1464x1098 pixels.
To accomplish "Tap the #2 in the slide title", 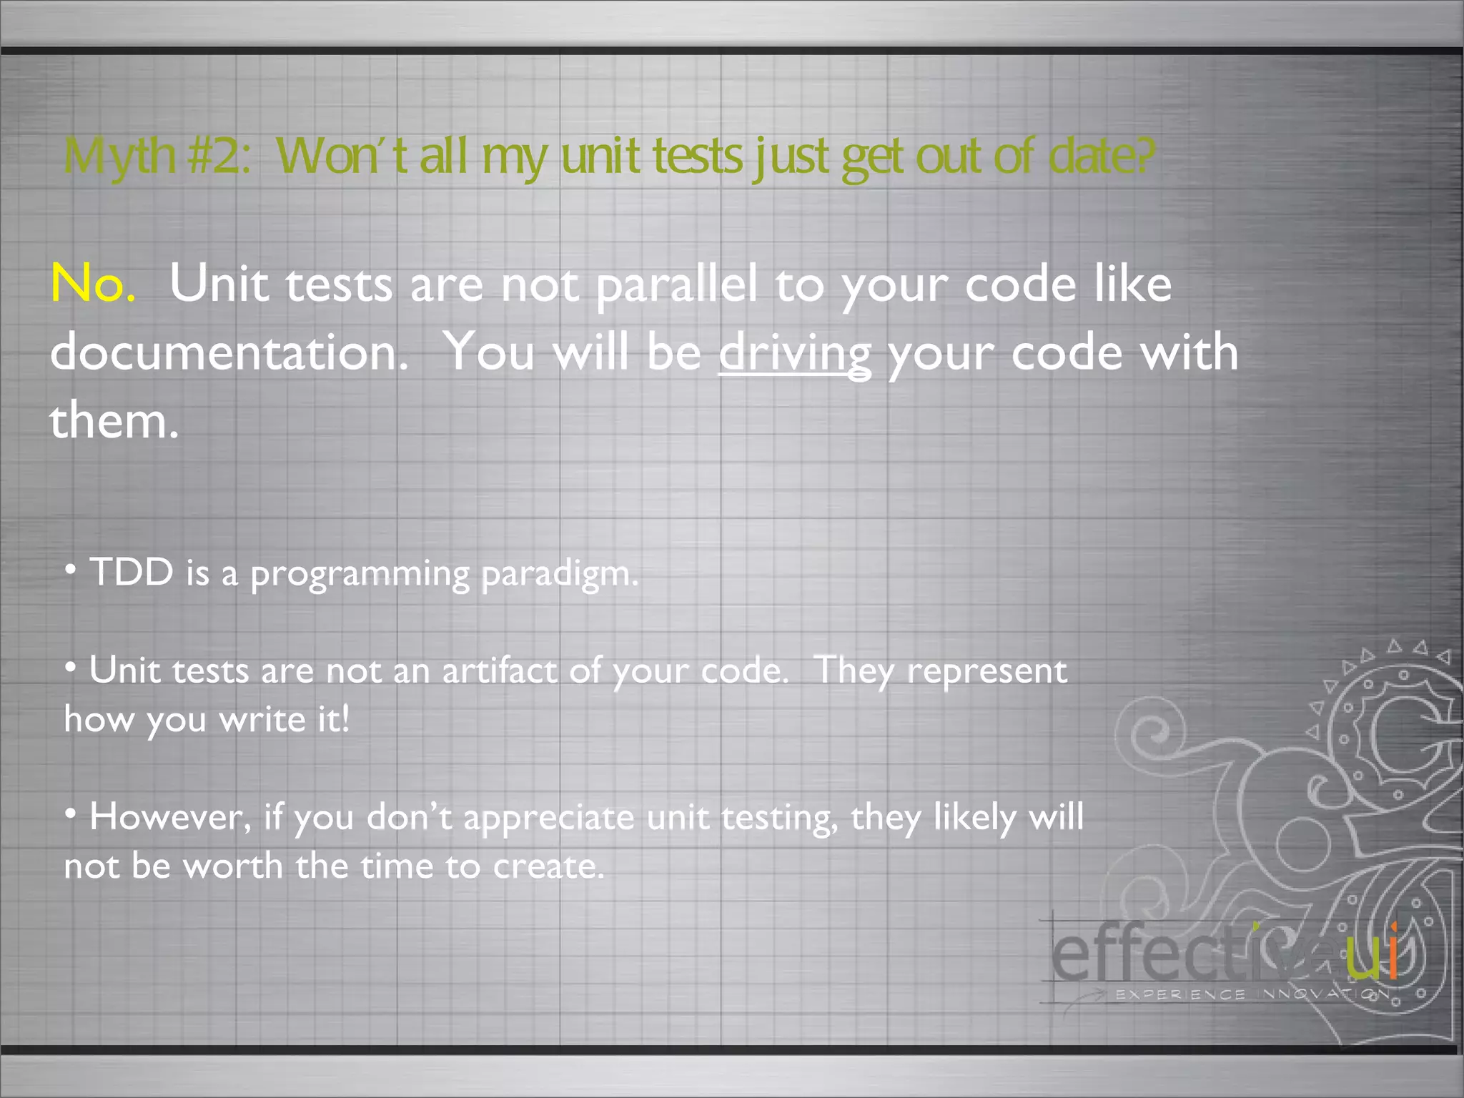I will click(219, 155).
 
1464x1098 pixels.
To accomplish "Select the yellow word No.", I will click(92, 284).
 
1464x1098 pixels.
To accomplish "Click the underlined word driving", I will click(794, 352).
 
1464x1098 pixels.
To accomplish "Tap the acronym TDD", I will click(132, 573).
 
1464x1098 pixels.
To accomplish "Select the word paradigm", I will click(560, 574).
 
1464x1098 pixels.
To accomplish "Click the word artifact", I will click(499, 671).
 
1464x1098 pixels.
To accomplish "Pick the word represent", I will click(986, 671).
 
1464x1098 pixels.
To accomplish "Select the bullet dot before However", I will click(70, 813).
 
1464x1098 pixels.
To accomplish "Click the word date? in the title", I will click(1101, 156).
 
